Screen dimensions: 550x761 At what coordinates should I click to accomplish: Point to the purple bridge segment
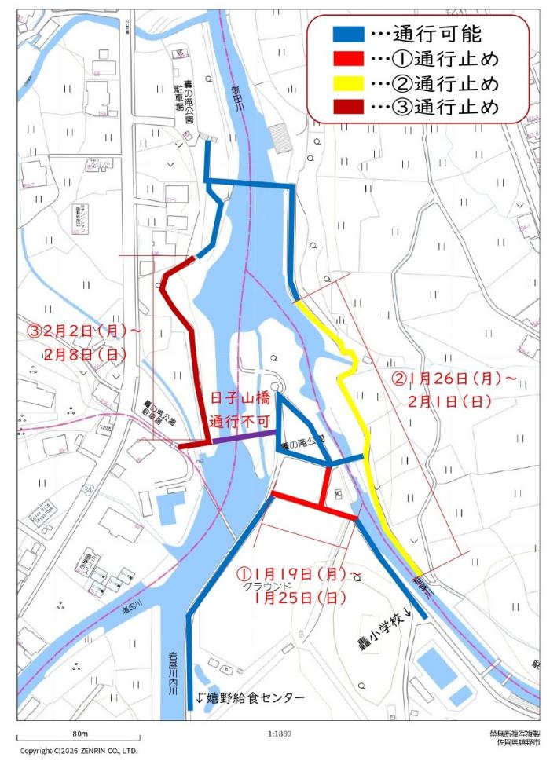click(x=244, y=438)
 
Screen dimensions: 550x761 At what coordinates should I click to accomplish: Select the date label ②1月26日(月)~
click(x=454, y=378)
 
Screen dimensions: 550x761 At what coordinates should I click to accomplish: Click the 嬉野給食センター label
click(x=250, y=697)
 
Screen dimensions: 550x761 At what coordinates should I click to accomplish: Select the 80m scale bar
click(x=79, y=738)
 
